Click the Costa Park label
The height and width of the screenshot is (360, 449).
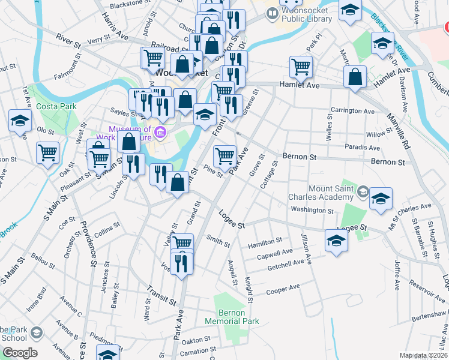[56, 106]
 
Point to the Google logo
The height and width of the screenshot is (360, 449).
[20, 352]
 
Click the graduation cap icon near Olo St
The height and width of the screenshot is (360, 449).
[20, 121]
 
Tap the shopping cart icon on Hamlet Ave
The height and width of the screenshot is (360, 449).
[301, 67]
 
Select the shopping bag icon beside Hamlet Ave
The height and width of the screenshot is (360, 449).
[355, 77]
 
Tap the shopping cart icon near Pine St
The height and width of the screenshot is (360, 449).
[224, 156]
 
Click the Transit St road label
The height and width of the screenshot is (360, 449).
[161, 293]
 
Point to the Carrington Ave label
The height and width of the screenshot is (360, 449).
[352, 111]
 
